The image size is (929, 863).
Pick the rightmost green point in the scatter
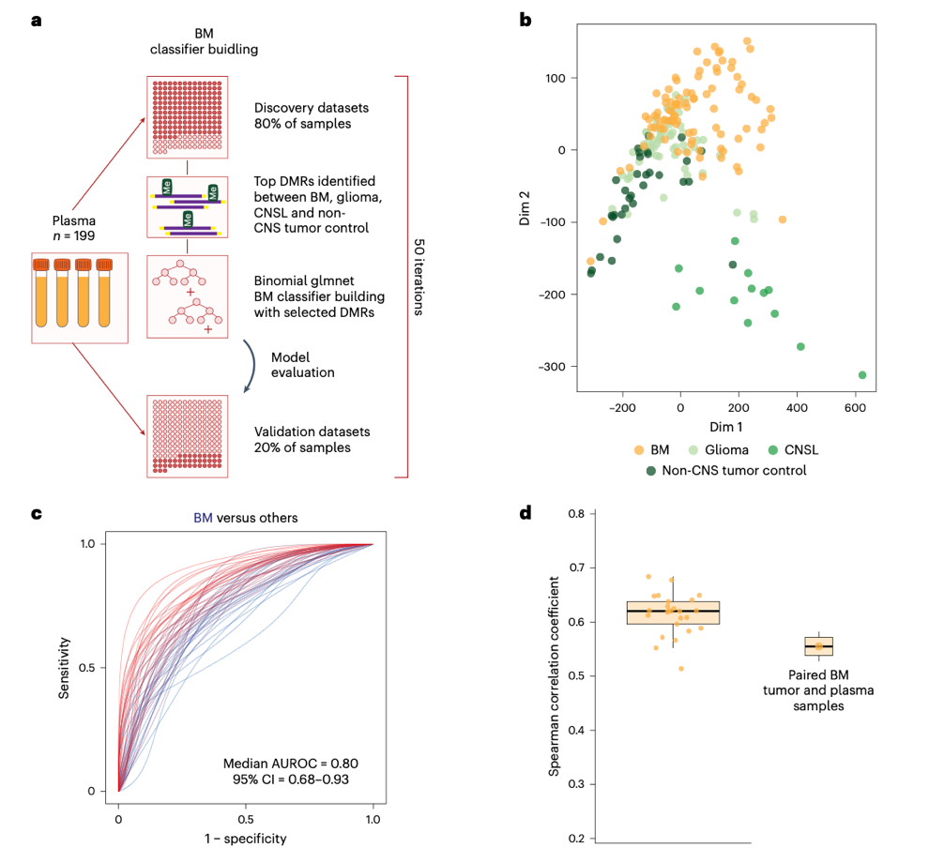tap(862, 375)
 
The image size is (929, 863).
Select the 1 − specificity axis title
tap(246, 838)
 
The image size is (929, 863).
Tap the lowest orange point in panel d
tap(681, 669)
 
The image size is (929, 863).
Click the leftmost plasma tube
tap(42, 294)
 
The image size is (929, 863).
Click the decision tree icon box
tap(189, 297)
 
